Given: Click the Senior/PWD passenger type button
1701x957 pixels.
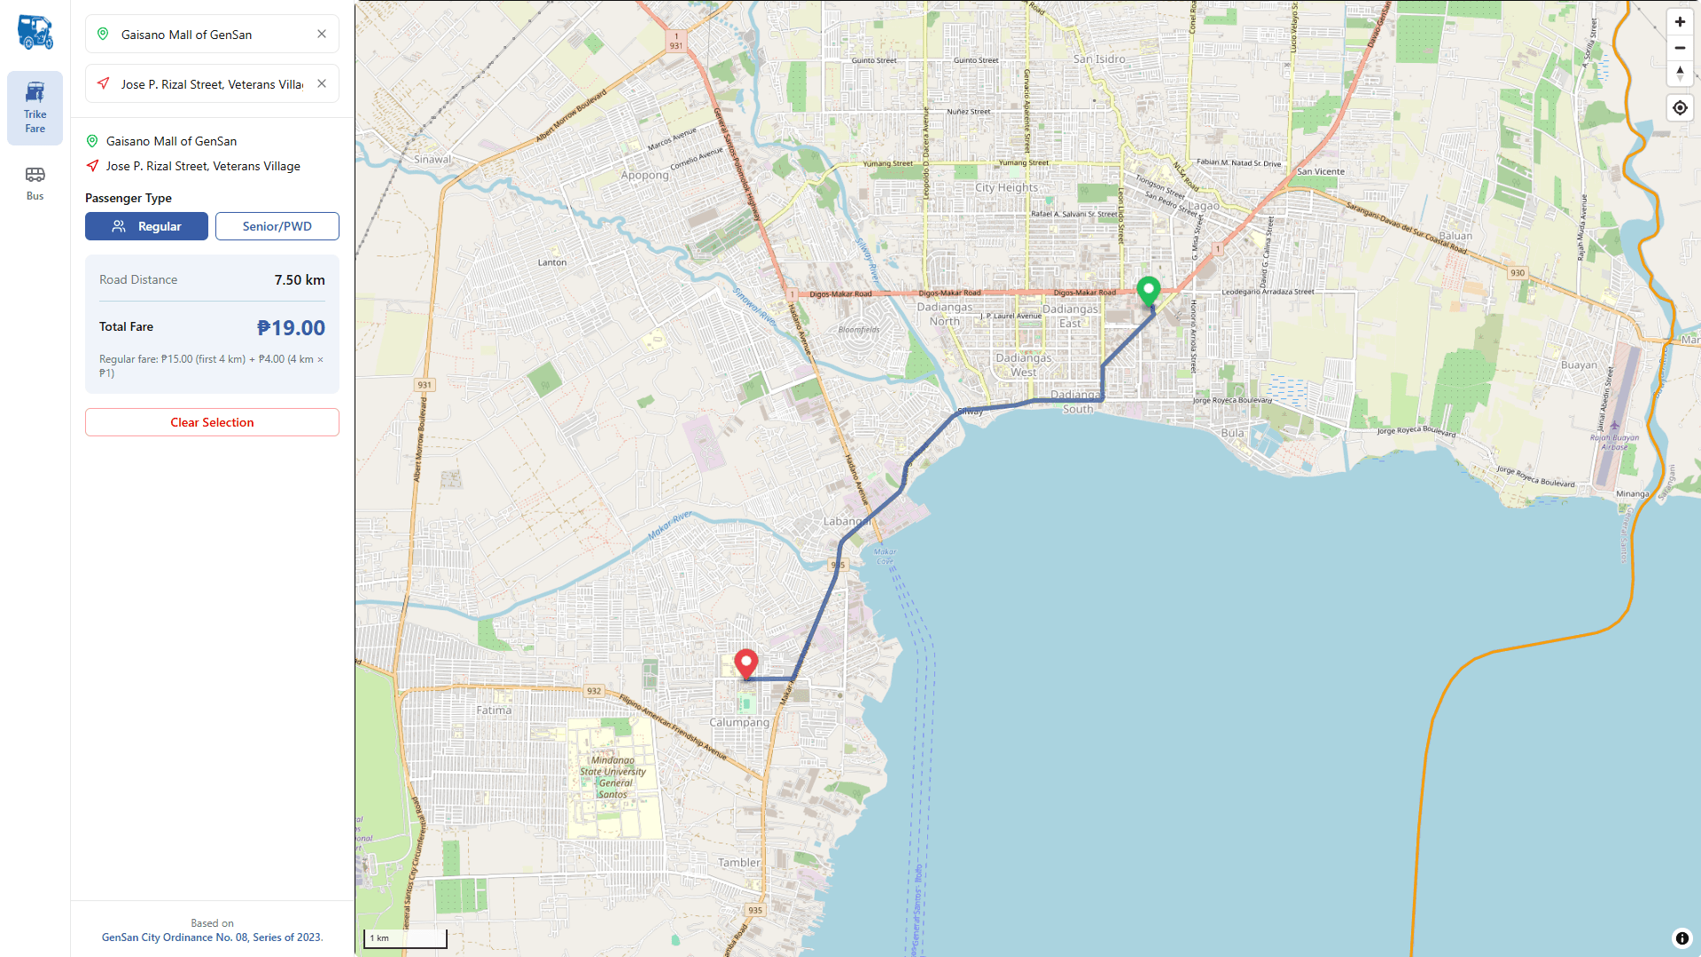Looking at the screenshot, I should coord(277,226).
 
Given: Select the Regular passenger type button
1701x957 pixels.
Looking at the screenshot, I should coord(146,226).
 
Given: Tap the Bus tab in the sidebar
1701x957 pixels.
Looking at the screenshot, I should coord(35,183).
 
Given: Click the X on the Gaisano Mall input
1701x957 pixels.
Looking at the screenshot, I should coord(322,34).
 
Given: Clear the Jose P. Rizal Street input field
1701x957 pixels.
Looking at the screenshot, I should coord(322,83).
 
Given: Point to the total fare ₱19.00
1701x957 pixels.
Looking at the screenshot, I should coord(291,328).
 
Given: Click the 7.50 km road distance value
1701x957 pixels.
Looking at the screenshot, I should coord(300,279).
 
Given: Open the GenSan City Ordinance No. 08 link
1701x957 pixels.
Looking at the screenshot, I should coord(212,937).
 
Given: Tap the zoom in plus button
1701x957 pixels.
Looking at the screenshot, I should coord(1680,22).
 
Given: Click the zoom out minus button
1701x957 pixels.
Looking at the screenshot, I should coord(1680,48).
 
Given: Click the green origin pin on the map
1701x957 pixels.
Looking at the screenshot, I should coord(1148,289).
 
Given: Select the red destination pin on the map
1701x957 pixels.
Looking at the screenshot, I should coord(746,662).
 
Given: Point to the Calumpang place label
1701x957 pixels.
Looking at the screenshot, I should coord(739,722).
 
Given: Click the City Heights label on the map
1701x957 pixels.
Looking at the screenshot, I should coord(1006,187).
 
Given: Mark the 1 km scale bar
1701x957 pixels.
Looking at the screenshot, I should coord(405,938).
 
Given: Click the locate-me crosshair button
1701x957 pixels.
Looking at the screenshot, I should coord(1680,108).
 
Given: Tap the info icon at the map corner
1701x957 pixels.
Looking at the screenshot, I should coord(1681,938).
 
